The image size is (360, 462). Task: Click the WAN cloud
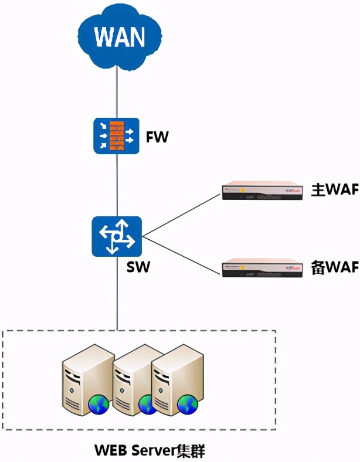(120, 36)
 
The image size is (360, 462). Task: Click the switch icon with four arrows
(117, 235)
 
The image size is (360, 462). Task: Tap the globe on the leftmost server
(96, 405)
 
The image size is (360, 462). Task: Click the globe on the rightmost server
(188, 404)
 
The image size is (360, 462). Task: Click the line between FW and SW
(117, 185)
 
